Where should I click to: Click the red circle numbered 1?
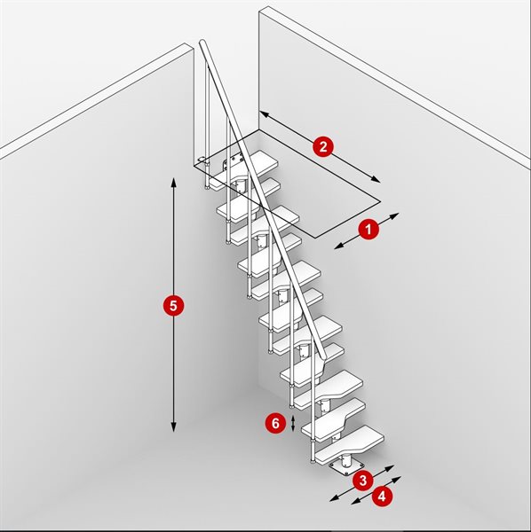pyautogui.click(x=369, y=230)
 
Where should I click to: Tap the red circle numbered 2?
pyautogui.click(x=322, y=146)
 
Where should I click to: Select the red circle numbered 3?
pyautogui.click(x=363, y=481)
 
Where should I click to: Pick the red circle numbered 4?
pyautogui.click(x=382, y=497)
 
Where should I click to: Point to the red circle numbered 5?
pyautogui.click(x=173, y=306)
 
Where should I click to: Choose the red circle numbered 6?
pyautogui.click(x=275, y=423)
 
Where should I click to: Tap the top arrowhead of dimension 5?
pyautogui.click(x=174, y=182)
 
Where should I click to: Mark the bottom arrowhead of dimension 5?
pyautogui.click(x=174, y=428)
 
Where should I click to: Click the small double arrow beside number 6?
pyautogui.click(x=293, y=424)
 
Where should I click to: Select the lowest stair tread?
pyautogui.click(x=349, y=445)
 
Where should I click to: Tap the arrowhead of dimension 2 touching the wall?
pyautogui.click(x=264, y=113)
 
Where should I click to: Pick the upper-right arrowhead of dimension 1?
pyautogui.click(x=394, y=215)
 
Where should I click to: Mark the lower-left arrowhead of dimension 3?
pyautogui.click(x=334, y=498)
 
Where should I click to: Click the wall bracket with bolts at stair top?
pyautogui.click(x=233, y=162)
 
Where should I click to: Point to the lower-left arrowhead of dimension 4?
pyautogui.click(x=355, y=501)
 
